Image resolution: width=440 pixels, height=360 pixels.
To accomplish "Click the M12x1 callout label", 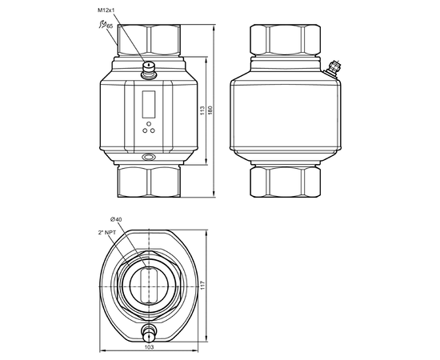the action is pyautogui.click(x=106, y=10).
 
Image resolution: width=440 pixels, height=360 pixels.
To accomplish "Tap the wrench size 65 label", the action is pyautogui.click(x=110, y=26).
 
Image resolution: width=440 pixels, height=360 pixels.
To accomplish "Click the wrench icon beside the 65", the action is pyautogui.click(x=102, y=24).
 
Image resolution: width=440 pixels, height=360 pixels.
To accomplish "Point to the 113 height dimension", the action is pyautogui.click(x=202, y=110).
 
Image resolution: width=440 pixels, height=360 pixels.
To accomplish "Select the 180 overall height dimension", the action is pyautogui.click(x=210, y=110).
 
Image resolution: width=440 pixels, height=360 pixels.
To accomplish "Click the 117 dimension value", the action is pyautogui.click(x=203, y=286).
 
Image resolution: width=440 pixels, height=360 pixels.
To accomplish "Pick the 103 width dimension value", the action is pyautogui.click(x=149, y=347).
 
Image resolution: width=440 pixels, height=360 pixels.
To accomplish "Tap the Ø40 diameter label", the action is pyautogui.click(x=116, y=219).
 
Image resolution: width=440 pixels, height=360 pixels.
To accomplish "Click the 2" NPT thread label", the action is pyautogui.click(x=107, y=232).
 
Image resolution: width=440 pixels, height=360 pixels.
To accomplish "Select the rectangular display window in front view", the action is pyautogui.click(x=149, y=104).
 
